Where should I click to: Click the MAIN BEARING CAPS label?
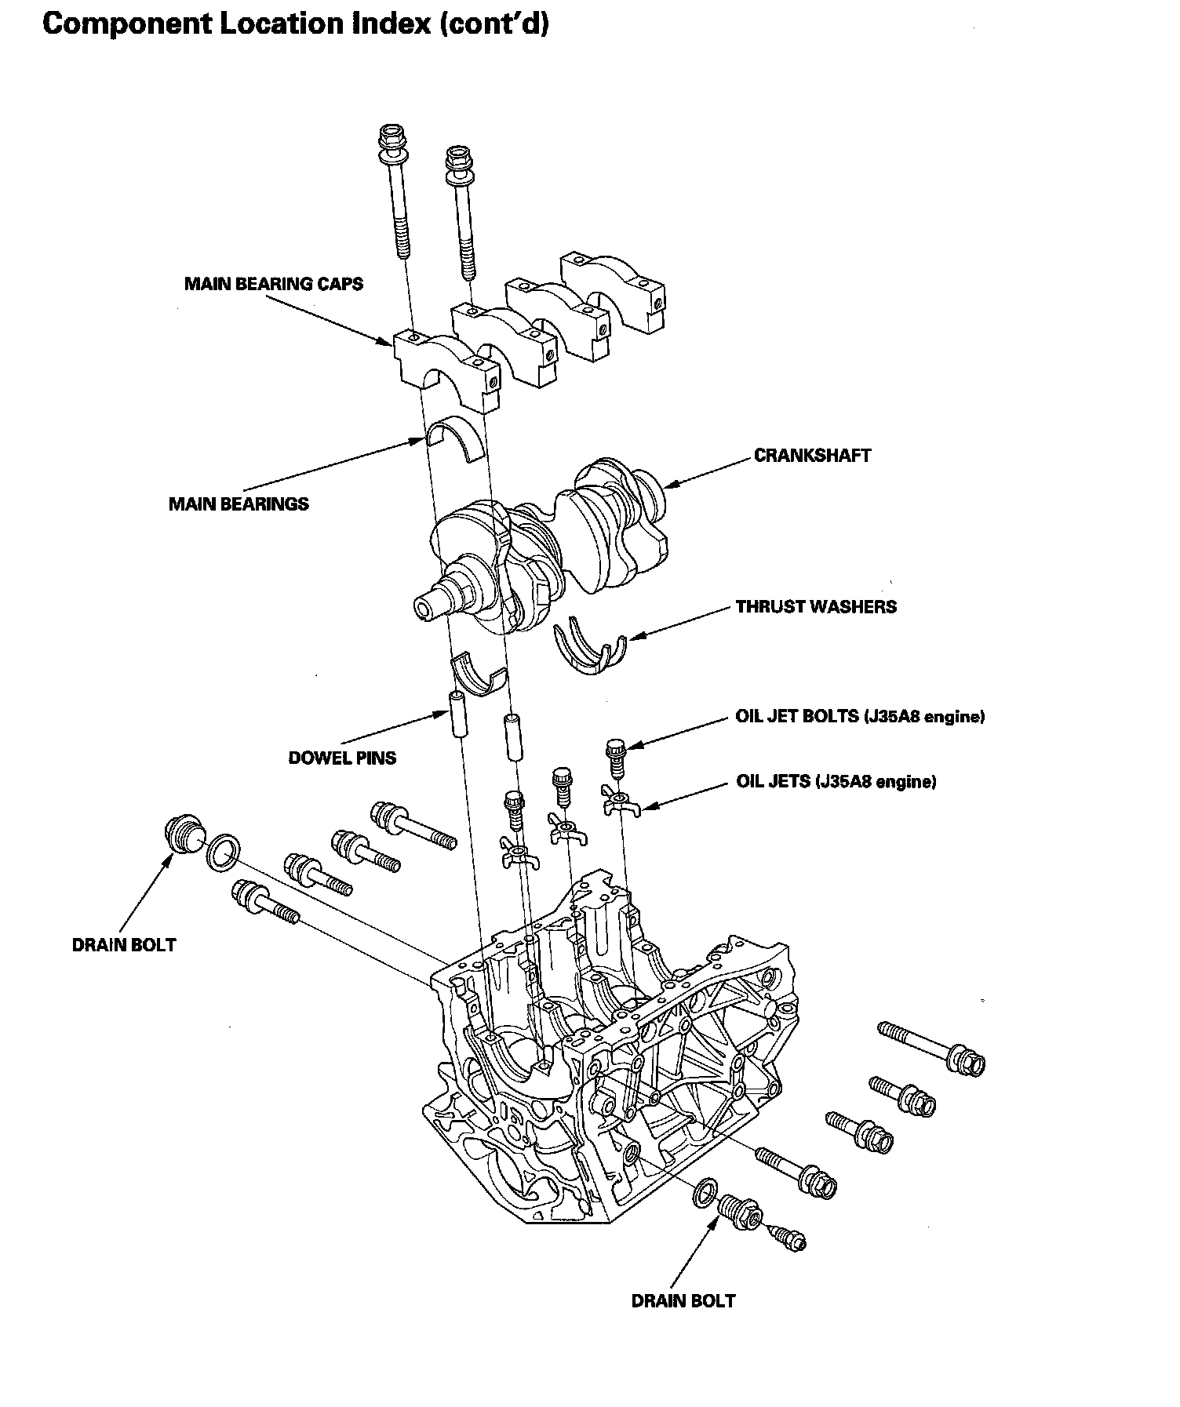tap(274, 284)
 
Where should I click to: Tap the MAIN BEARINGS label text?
tap(239, 504)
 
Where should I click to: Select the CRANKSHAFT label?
tap(812, 456)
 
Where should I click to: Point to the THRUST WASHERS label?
tap(816, 607)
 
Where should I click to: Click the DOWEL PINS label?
tap(342, 758)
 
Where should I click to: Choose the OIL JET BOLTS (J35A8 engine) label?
tap(860, 716)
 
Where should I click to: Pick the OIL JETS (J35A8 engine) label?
tap(836, 781)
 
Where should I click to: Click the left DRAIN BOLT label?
tap(124, 944)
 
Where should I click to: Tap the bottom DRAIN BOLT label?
tap(683, 1300)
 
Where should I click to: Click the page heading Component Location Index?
tap(295, 24)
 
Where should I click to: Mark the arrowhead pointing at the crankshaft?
tap(669, 485)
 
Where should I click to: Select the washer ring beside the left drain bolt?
tap(223, 852)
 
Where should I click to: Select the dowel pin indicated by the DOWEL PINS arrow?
tap(458, 714)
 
